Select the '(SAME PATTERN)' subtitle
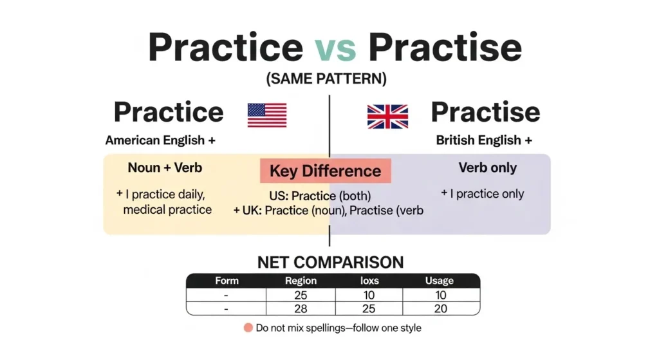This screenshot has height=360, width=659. click(x=326, y=80)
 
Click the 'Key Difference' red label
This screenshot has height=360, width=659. click(x=325, y=171)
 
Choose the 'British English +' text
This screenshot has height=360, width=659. click(x=484, y=140)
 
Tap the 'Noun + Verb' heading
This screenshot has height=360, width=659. click(x=165, y=168)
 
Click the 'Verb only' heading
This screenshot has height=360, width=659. click(x=487, y=168)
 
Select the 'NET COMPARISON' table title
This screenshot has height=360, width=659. click(x=330, y=262)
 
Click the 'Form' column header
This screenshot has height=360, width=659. click(x=227, y=281)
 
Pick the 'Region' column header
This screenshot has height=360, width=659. click(x=301, y=281)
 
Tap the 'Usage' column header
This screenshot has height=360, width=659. click(x=440, y=281)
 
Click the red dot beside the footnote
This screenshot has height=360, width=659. click(x=248, y=328)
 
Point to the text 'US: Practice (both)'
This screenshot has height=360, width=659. click(x=320, y=196)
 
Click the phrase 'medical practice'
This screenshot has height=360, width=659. click(x=167, y=209)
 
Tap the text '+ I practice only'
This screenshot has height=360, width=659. click(x=483, y=194)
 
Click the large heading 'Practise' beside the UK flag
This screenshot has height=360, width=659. click(x=485, y=112)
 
